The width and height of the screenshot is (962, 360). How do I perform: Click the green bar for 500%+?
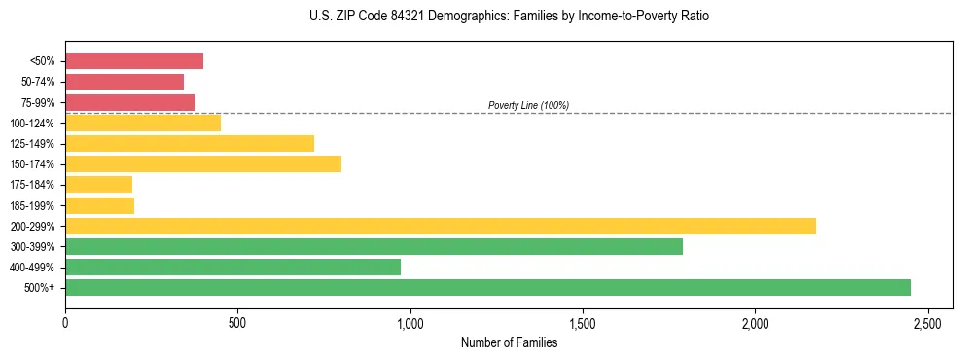click(x=488, y=287)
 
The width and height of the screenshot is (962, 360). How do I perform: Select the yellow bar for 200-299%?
click(x=441, y=226)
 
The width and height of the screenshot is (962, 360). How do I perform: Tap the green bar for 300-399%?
click(x=374, y=246)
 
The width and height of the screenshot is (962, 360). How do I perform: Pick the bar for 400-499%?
click(x=232, y=267)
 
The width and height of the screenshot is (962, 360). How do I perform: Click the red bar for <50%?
click(x=134, y=61)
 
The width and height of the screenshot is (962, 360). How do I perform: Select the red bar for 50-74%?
click(x=125, y=82)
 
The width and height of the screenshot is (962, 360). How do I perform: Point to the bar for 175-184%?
click(x=98, y=185)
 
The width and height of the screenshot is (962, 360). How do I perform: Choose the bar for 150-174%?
click(x=203, y=163)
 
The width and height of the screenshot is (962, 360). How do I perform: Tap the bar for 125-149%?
click(x=190, y=143)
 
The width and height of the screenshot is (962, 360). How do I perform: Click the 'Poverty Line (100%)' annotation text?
click(x=528, y=105)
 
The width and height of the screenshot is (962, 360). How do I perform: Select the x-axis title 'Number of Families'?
click(x=510, y=342)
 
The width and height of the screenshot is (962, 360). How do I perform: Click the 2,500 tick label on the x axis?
click(x=927, y=323)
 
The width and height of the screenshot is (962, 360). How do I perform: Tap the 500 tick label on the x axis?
click(x=237, y=323)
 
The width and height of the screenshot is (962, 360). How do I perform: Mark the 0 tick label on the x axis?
click(x=65, y=323)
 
